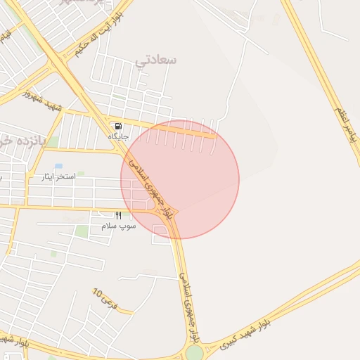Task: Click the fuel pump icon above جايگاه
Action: click(117, 127)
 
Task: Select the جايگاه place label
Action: click(117, 136)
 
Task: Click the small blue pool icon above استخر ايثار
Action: click(58, 166)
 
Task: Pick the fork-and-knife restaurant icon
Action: click(118, 216)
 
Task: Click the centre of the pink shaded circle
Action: click(180, 180)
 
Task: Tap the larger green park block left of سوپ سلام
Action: click(82, 231)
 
